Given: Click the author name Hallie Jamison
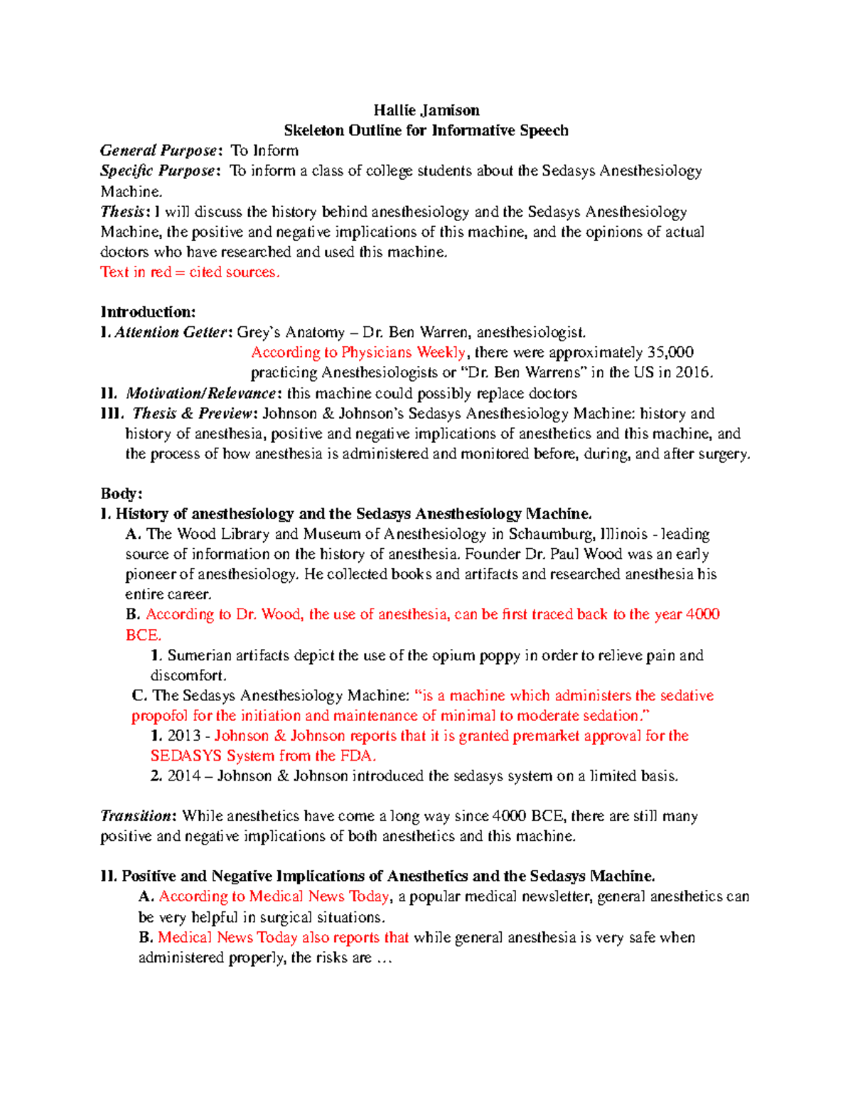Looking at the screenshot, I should pyautogui.click(x=426, y=110).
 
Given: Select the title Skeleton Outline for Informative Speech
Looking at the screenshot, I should pyautogui.click(x=426, y=130).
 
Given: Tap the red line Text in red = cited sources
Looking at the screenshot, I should pyautogui.click(x=190, y=272).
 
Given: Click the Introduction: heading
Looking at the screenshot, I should pyautogui.click(x=148, y=312).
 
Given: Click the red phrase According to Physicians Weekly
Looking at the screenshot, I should pyautogui.click(x=358, y=353).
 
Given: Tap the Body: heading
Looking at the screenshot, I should pyautogui.click(x=122, y=494).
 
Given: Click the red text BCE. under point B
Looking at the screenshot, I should pyautogui.click(x=143, y=635).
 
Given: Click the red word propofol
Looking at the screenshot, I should pyautogui.click(x=159, y=716).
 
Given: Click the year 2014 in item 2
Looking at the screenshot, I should pyautogui.click(x=183, y=776).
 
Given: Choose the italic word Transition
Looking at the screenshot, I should pyautogui.click(x=136, y=816).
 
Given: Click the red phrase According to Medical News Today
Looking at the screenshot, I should pyautogui.click(x=274, y=896).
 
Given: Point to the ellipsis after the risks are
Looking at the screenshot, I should pyautogui.click(x=384, y=958).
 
